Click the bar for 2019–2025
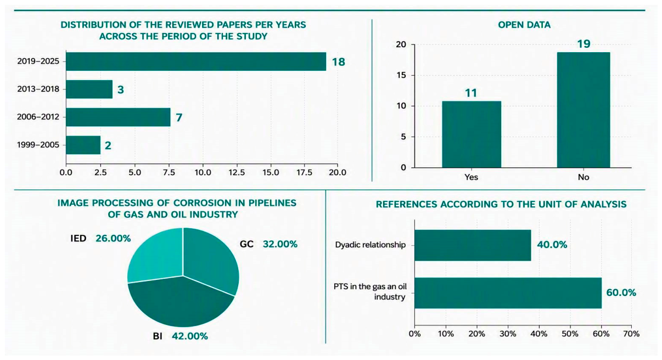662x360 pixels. (196, 61)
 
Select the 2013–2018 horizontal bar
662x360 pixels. (89, 89)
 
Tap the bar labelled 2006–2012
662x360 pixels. (118, 117)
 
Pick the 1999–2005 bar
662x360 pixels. (83, 145)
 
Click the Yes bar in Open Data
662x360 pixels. (472, 134)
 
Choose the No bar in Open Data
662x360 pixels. (584, 110)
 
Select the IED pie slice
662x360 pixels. (155, 256)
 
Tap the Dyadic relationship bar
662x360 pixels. (473, 245)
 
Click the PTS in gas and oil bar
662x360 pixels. (508, 293)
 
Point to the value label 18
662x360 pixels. (338, 62)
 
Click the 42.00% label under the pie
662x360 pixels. (190, 336)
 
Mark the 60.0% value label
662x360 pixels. (621, 292)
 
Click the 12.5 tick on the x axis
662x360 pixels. (237, 172)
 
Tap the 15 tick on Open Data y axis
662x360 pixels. (401, 75)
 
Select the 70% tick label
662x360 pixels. (632, 334)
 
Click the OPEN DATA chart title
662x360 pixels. (524, 25)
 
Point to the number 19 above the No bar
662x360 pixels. (584, 44)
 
